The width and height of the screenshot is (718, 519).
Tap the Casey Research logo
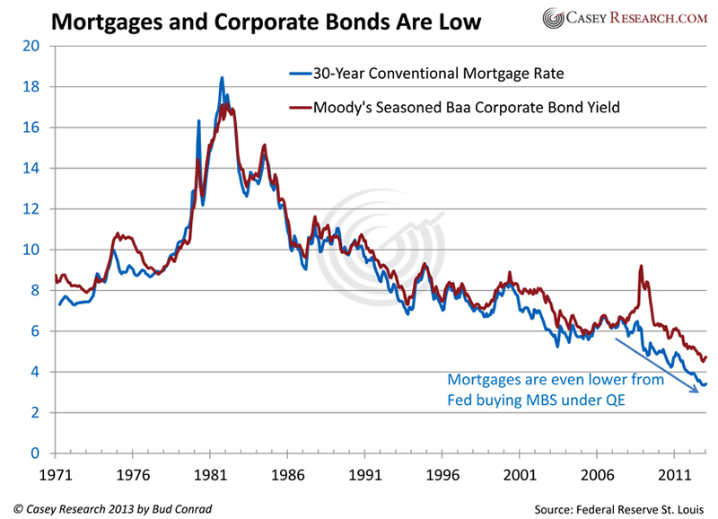(626, 18)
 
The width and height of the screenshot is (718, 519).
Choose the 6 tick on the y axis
(36, 331)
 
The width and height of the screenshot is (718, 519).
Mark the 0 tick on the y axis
(36, 453)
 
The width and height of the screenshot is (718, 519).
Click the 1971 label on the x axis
(56, 472)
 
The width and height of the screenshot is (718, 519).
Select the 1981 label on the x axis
(209, 472)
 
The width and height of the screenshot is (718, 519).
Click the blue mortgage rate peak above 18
(222, 79)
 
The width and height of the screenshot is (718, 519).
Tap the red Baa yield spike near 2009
(641, 267)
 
